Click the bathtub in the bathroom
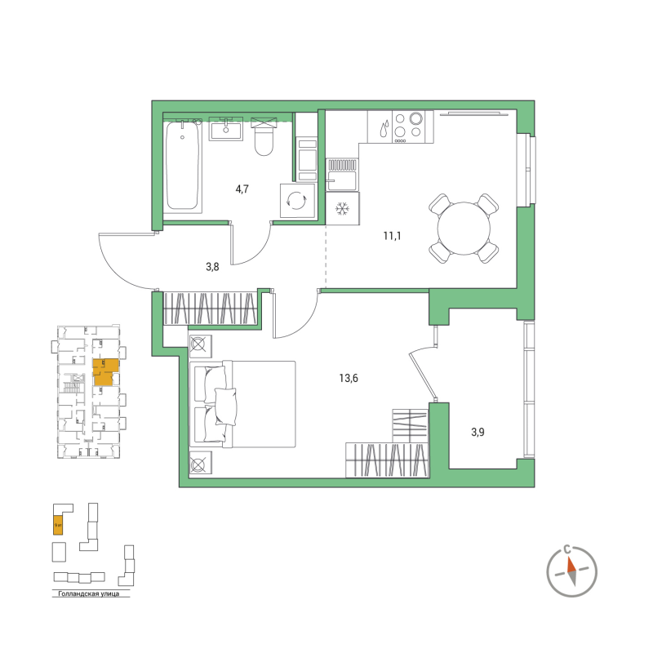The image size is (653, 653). coord(183,167)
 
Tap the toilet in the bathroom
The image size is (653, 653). coord(264,140)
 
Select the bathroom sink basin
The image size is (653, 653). coord(225,129)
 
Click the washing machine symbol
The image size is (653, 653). coord(295,199)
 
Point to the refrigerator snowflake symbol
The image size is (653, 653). coord(342,210)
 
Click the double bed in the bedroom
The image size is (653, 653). coord(242,404)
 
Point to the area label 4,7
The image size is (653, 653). coord(242,189)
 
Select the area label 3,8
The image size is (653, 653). coord(212,266)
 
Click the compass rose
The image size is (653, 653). coord(571,566)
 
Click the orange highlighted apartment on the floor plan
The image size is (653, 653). coord(104,372)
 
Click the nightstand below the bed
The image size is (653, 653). coord(200,464)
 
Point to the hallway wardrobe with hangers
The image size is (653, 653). coord(211,309)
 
